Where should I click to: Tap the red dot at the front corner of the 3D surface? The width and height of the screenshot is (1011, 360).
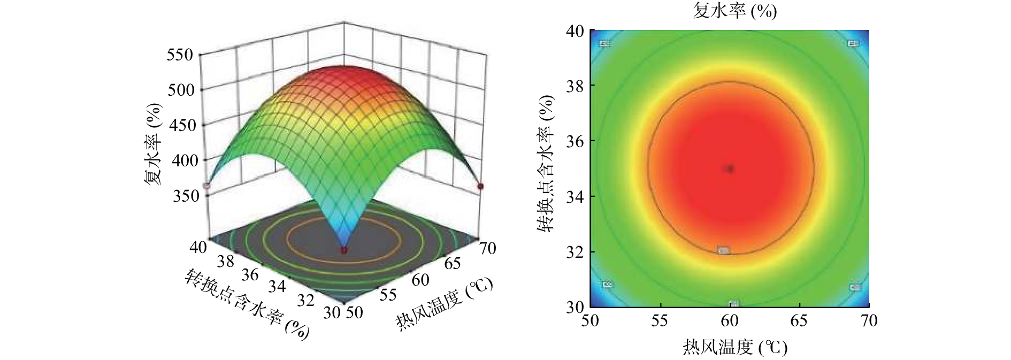coord(343,250)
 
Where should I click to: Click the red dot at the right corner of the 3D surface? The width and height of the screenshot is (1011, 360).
coord(480,186)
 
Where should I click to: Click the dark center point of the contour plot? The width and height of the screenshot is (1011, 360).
coord(730,168)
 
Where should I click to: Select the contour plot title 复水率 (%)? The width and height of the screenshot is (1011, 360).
coord(734,11)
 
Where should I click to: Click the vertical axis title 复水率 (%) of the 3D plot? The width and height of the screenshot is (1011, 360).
coord(153,144)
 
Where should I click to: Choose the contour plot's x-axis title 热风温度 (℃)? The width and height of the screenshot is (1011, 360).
coord(735,347)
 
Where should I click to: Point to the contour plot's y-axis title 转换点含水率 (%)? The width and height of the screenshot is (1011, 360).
coord(546,164)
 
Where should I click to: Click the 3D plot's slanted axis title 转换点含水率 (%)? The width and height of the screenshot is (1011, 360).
coord(247,304)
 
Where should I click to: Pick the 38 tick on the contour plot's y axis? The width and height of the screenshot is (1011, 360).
coord(575,86)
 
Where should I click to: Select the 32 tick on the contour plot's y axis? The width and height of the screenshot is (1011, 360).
coord(575,252)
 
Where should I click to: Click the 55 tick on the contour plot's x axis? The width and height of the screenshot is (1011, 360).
coord(660,320)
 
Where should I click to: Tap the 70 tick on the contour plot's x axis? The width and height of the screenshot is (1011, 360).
coord(869,320)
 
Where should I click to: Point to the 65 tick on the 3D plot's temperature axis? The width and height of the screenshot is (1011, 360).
coord(453,263)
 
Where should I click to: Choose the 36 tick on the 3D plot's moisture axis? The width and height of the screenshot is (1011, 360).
coord(250,274)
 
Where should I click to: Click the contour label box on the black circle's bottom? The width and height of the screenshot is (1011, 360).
coord(723,250)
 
